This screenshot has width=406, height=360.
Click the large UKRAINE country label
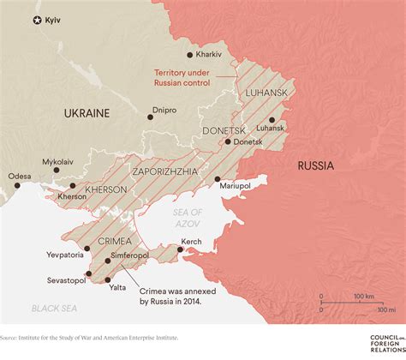tap(86, 112)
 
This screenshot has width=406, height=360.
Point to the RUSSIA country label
tap(317, 165)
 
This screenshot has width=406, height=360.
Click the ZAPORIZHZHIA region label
tap(167, 171)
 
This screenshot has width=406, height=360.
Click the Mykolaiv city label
tap(57, 160)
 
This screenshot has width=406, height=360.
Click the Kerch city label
tap(191, 242)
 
